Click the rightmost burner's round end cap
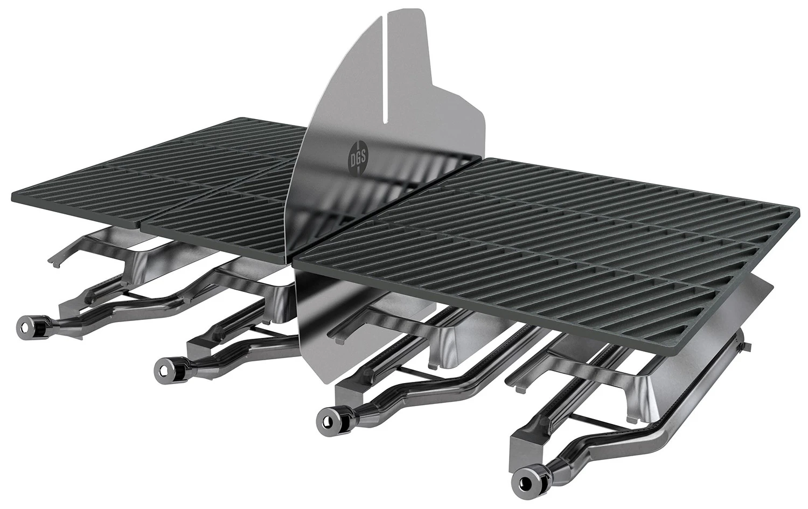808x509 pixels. point(523,478)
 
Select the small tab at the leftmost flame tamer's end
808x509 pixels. point(53,261)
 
